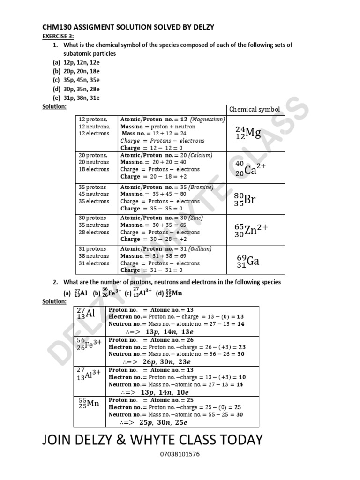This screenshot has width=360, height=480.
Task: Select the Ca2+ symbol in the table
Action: coord(251,169)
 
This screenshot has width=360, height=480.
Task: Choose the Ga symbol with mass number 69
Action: coord(248,261)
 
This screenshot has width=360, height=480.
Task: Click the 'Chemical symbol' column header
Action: coord(255,110)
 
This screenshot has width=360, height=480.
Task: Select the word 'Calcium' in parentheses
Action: coord(201,155)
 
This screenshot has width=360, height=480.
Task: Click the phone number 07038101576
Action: coord(180,454)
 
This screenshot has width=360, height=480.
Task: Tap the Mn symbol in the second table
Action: coord(89,404)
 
